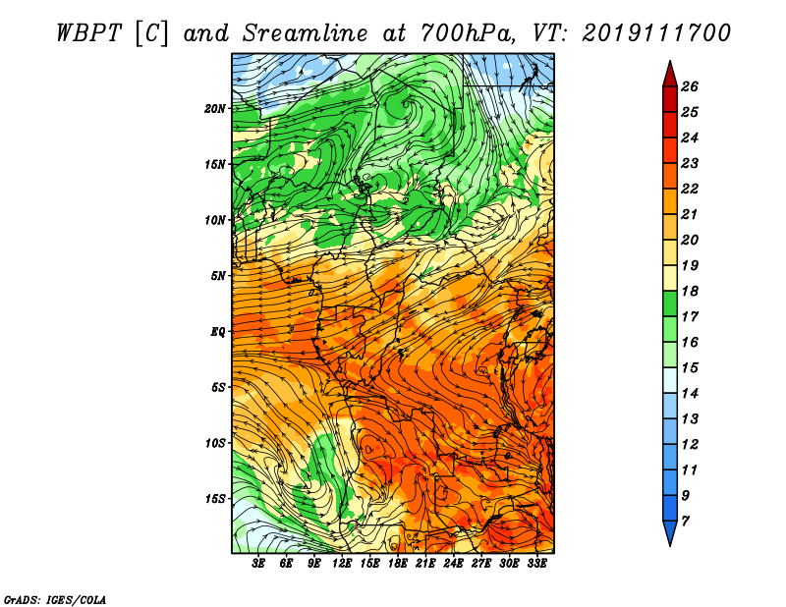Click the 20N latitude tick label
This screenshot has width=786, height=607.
coord(215,109)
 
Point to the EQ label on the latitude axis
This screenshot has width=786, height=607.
coord(218,332)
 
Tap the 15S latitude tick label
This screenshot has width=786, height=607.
coord(215,499)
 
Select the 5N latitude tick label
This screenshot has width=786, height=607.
coord(218,276)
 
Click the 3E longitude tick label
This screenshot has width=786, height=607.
coord(258,564)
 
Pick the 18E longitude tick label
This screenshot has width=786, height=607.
coord(398,564)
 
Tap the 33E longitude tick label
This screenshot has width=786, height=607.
coord(536,564)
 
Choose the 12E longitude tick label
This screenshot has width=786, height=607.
coord(342,564)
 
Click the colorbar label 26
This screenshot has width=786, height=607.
coord(690,86)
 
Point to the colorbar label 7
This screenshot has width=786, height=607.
coord(686,522)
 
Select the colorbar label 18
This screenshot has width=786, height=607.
coord(690,291)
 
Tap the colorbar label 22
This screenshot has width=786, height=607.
coord(690,189)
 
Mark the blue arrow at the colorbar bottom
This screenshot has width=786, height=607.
coord(670,531)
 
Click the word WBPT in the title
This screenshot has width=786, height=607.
coord(89,33)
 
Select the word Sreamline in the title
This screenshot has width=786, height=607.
coord(306,33)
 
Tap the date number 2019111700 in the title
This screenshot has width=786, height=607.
coord(656,33)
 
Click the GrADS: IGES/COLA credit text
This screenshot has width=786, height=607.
coord(55,600)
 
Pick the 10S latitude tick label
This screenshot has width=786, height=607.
coord(215,444)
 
